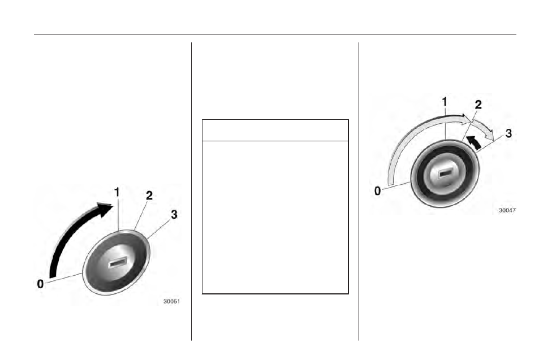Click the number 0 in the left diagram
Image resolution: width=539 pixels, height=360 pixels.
click(x=40, y=284)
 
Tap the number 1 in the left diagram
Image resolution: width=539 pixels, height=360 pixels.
click(x=117, y=192)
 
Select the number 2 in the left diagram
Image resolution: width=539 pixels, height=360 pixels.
click(x=149, y=196)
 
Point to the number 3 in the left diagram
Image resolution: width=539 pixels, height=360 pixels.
click(x=174, y=214)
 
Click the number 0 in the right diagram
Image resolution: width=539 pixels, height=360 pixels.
click(x=377, y=191)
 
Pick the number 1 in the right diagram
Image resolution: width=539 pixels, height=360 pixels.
click(x=445, y=102)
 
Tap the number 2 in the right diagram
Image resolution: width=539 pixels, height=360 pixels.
click(x=478, y=105)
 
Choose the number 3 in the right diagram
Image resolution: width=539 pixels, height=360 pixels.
click(x=509, y=133)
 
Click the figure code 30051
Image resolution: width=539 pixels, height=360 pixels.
click(x=171, y=301)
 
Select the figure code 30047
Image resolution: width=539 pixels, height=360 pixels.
click(x=507, y=210)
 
